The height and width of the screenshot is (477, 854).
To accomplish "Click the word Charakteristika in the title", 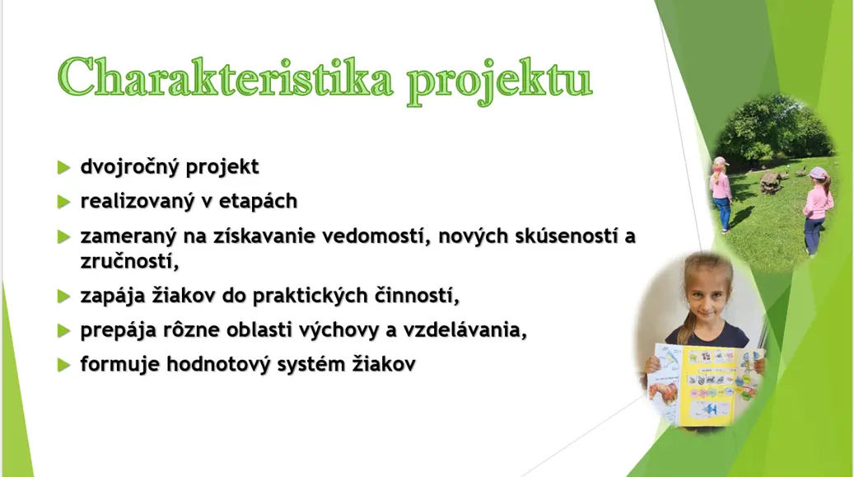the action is tap(225, 77).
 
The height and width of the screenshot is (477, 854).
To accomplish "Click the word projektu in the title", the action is tap(499, 81).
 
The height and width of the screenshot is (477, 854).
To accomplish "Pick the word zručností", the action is tap(129, 262).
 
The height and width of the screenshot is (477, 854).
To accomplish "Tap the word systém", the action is tap(311, 364).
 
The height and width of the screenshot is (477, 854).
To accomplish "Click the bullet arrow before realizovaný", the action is tap(63, 202).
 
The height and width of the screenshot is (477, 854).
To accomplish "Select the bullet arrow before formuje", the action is tap(63, 365).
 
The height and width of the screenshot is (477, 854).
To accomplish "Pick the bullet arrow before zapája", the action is tap(63, 297).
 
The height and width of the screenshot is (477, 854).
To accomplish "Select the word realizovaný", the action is tap(138, 201).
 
